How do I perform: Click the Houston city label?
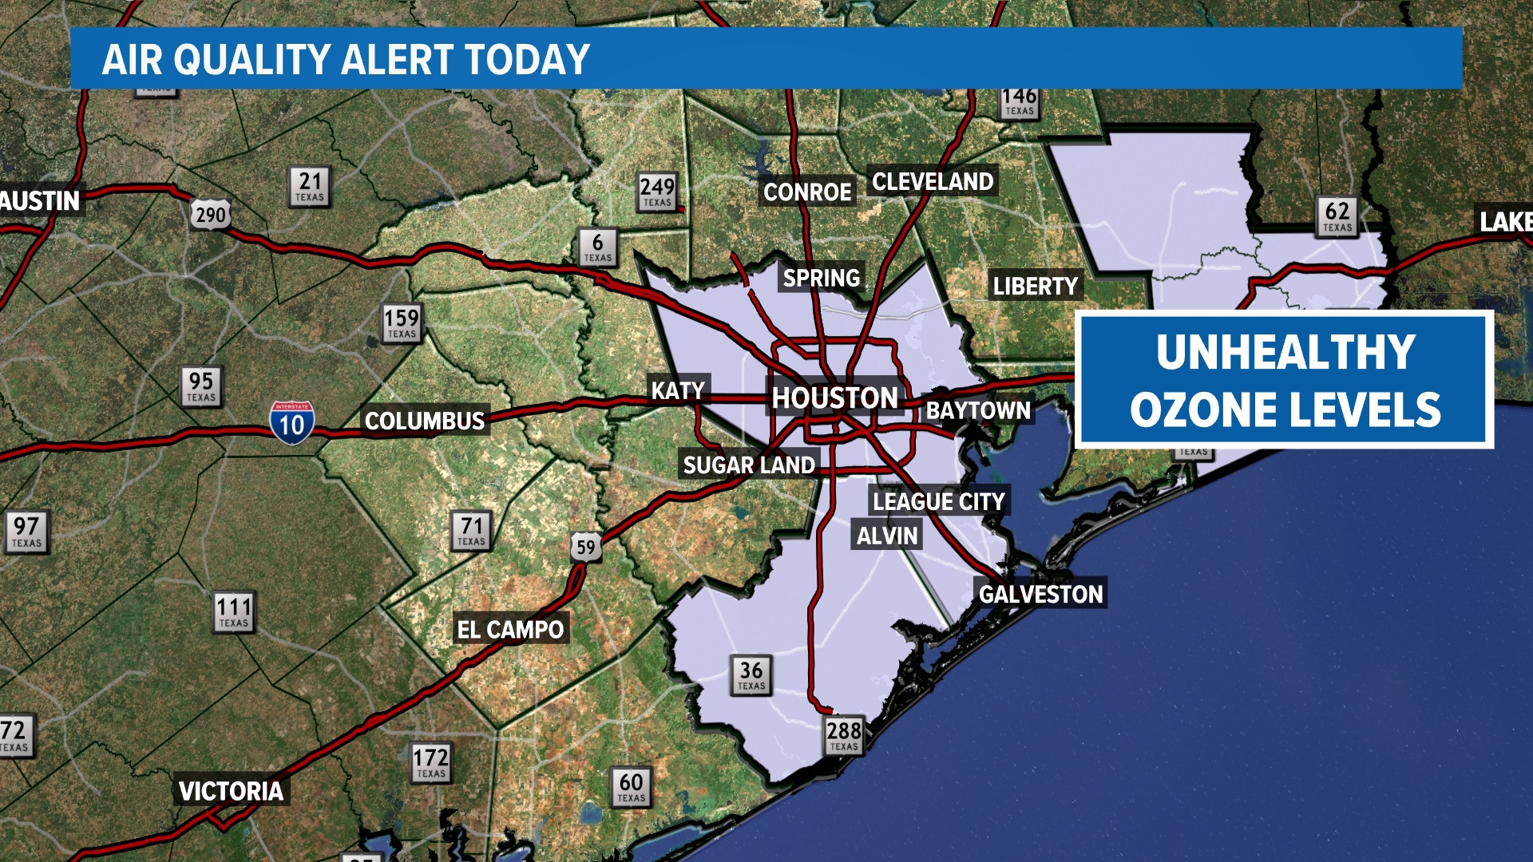tap(835, 397)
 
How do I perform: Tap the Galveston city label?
tap(1040, 594)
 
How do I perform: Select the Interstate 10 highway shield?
tap(291, 422)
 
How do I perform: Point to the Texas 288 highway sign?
tap(844, 735)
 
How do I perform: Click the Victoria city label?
tap(231, 791)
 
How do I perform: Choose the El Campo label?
tap(510, 630)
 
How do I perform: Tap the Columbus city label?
tap(425, 421)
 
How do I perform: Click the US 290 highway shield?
tap(211, 215)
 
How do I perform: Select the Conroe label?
tap(807, 192)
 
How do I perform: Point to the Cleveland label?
tap(933, 182)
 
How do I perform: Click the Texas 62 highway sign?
tap(1337, 215)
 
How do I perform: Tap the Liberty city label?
tap(1036, 286)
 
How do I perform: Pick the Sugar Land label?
tap(749, 465)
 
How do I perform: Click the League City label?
tap(939, 501)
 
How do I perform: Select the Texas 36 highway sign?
tap(751, 674)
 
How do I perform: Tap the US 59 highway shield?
tap(586, 547)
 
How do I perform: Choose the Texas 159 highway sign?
tap(402, 322)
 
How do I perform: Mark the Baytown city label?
tap(978, 410)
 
